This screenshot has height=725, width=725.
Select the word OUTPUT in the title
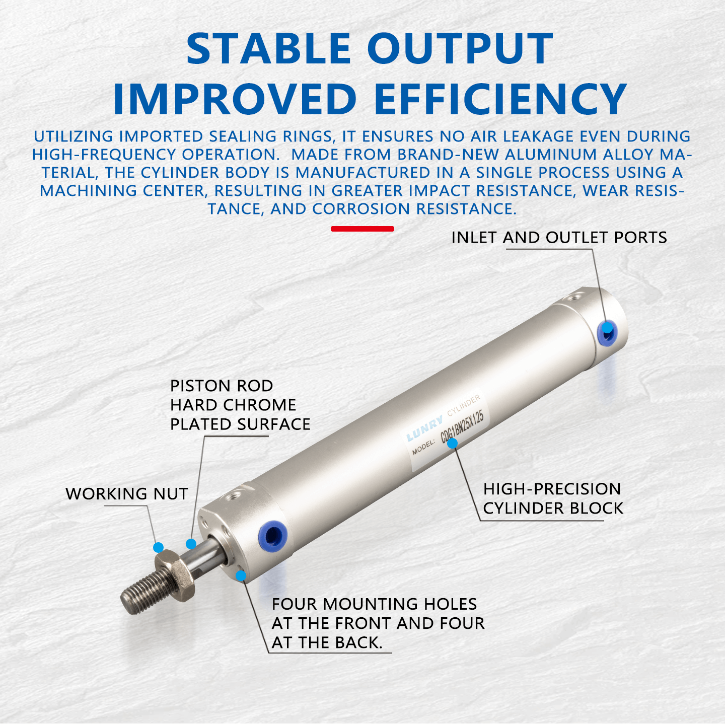(x=460, y=49)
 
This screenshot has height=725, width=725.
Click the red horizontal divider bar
(x=362, y=229)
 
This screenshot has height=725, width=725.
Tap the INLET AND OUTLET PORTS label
(x=559, y=238)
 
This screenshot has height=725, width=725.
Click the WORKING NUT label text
(x=127, y=494)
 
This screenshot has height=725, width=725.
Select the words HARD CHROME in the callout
(x=233, y=405)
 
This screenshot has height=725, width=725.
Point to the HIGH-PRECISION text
(x=552, y=489)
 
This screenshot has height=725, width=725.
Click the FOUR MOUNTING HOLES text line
(x=374, y=604)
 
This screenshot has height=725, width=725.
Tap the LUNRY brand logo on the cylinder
(x=424, y=428)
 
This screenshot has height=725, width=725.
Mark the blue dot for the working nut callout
(x=159, y=547)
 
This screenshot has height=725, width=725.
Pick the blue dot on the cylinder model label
(x=453, y=443)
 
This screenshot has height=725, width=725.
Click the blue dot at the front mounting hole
(x=241, y=575)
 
